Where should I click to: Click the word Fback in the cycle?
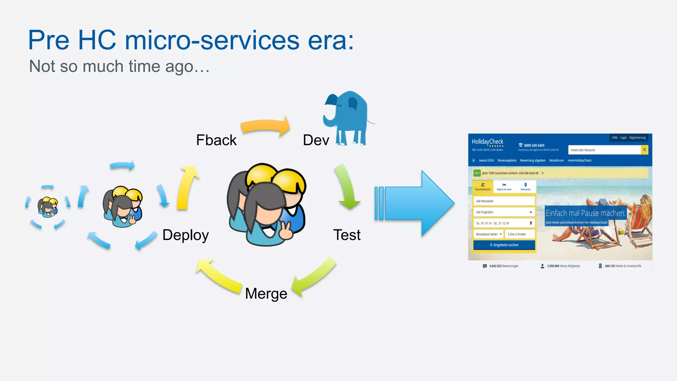(x=216, y=140)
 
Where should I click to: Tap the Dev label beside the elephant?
(x=316, y=140)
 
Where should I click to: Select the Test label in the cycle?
(x=346, y=235)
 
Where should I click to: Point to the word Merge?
(x=266, y=293)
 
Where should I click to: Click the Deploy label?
(x=185, y=235)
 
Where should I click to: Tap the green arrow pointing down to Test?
(x=347, y=187)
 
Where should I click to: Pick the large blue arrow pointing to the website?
(x=417, y=203)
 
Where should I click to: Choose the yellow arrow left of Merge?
(x=218, y=276)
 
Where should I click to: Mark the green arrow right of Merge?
(x=314, y=276)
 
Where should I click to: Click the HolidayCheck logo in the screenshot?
(x=487, y=142)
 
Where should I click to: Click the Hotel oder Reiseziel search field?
(x=604, y=150)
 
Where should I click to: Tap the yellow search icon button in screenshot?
(x=644, y=150)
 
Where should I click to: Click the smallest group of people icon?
(x=48, y=207)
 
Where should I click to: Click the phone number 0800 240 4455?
(x=534, y=145)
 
